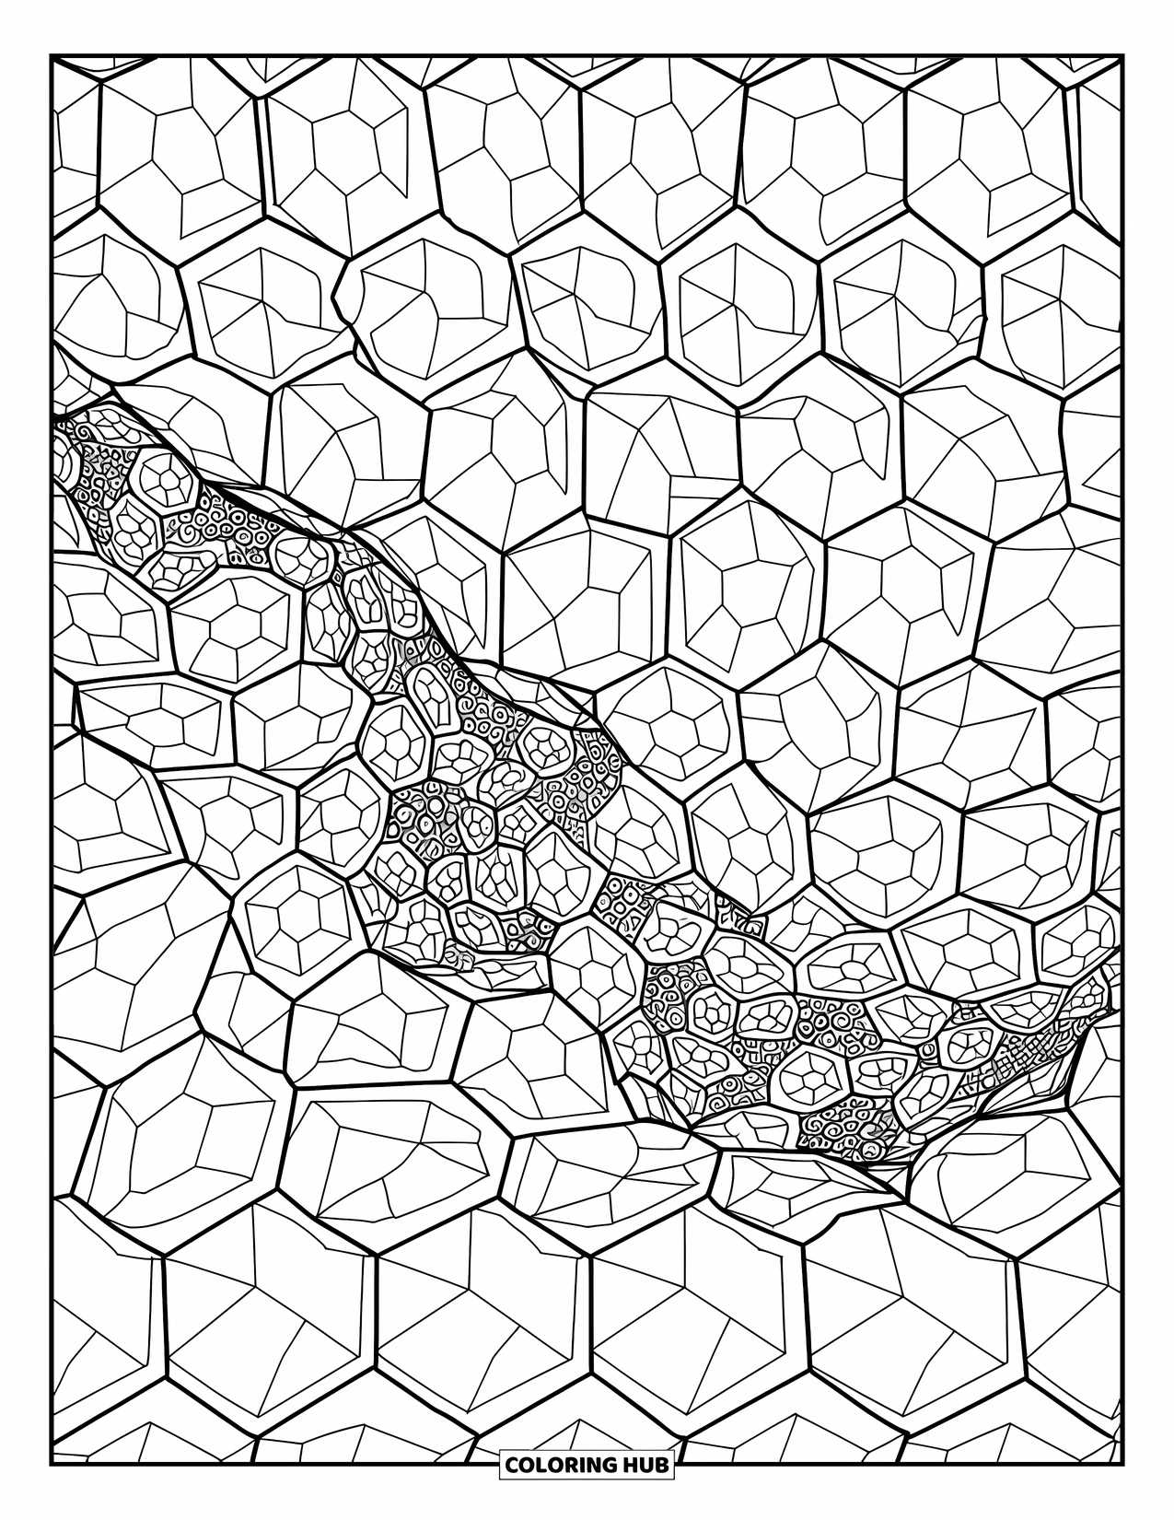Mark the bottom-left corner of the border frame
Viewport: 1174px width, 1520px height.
[52, 1465]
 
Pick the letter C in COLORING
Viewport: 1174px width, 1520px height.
[511, 1465]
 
